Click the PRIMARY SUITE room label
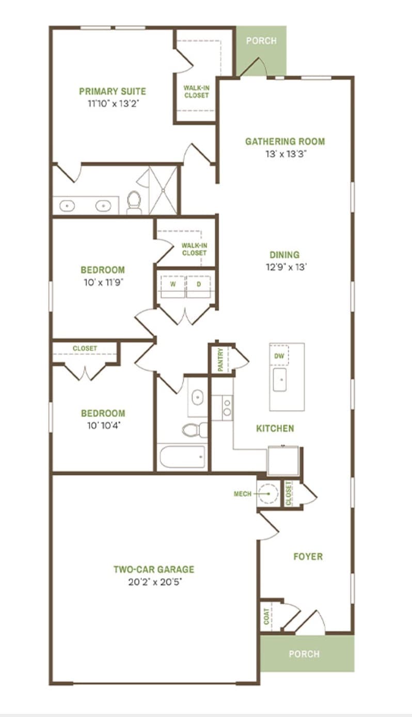tap(113, 91)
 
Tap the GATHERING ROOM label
tap(285, 142)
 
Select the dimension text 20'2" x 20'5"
tap(155, 582)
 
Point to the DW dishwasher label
tap(279, 355)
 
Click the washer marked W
tap(173, 284)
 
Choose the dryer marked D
tap(199, 284)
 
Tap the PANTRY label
tap(220, 360)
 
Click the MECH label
tap(243, 494)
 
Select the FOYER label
tap(308, 557)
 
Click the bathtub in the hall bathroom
tap(182, 457)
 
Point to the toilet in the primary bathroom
tap(134, 202)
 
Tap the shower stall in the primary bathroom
tap(163, 191)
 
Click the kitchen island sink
tap(280, 380)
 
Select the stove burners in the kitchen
tap(227, 408)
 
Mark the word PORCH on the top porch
tap(261, 41)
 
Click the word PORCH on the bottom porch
tap(304, 654)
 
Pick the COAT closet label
tap(266, 616)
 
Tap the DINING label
tap(284, 255)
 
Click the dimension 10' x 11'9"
tap(103, 283)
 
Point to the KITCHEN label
tap(275, 428)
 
